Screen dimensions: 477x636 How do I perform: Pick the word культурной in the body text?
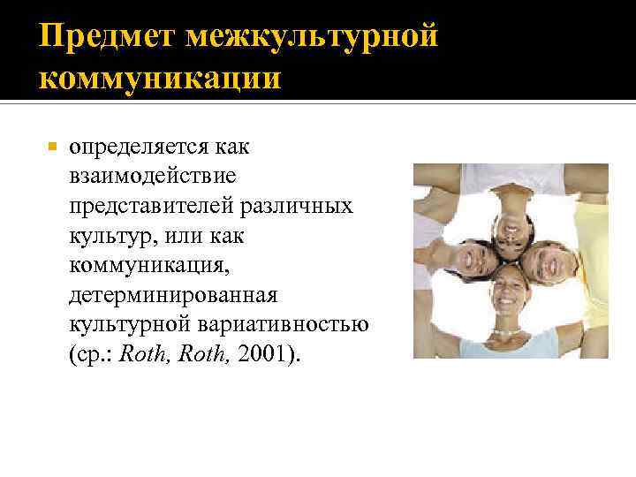(124, 327)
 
